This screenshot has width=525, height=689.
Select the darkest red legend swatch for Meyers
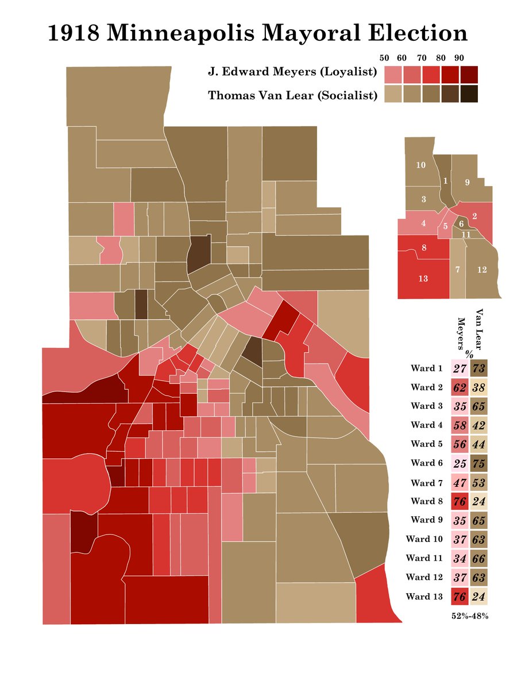[469, 75]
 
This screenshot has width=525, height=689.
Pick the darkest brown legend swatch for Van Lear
[469, 94]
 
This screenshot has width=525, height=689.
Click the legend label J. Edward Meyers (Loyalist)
[292, 73]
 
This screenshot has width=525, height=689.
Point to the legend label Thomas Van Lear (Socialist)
[292, 95]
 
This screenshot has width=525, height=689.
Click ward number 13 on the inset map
[423, 279]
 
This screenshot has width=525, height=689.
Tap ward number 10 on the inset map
[420, 165]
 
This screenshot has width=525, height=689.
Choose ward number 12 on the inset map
[482, 269]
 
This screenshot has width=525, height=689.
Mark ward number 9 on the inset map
[467, 183]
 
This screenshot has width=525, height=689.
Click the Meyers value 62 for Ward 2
[460, 387]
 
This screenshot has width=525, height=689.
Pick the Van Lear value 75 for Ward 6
[478, 463]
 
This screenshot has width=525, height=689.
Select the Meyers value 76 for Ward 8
[460, 501]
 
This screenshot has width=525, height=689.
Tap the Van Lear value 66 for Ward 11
[478, 558]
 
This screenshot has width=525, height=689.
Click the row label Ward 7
[427, 482]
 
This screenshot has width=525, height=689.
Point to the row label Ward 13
[424, 596]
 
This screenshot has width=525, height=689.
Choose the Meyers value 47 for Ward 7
[460, 482]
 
